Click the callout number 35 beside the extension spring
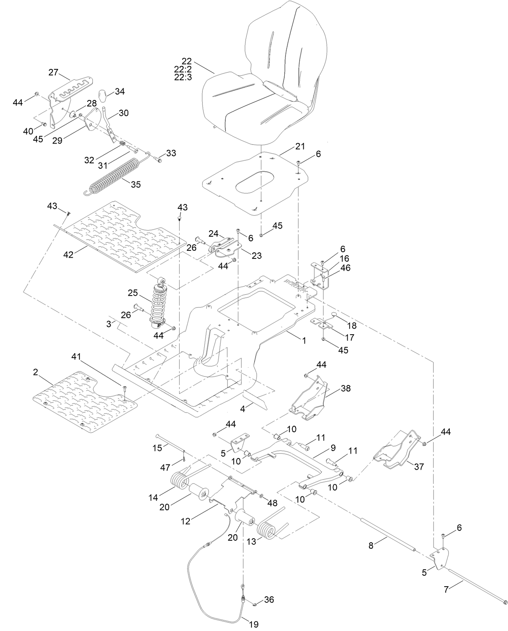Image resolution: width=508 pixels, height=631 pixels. [136, 184]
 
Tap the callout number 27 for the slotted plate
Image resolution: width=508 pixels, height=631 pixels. [53, 73]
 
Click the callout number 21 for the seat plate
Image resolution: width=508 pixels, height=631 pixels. [300, 146]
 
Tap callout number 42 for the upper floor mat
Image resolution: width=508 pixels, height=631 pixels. [69, 254]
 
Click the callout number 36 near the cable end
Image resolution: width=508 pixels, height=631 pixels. [269, 600]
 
